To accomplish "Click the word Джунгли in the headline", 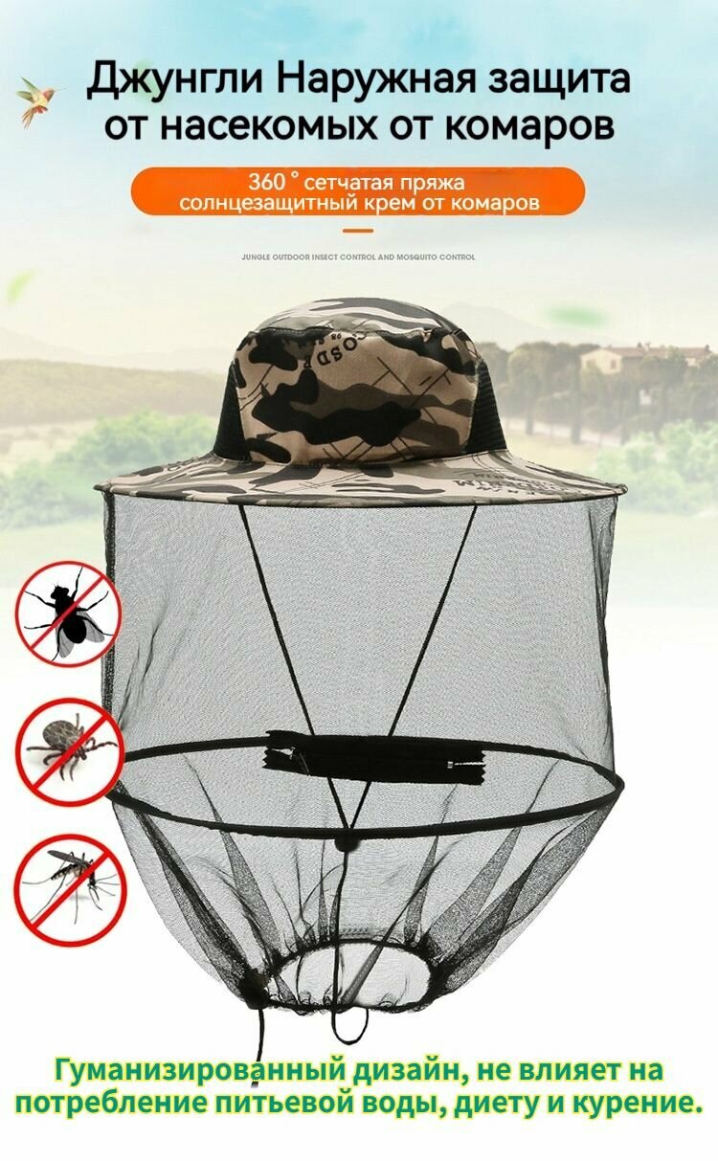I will click(172, 80).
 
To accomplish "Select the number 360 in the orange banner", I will click(266, 182).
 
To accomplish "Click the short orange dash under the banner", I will click(358, 231).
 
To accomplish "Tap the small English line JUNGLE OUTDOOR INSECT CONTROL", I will click(358, 257).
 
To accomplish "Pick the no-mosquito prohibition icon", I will click(68, 889).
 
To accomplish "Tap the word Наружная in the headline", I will click(376, 80).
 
